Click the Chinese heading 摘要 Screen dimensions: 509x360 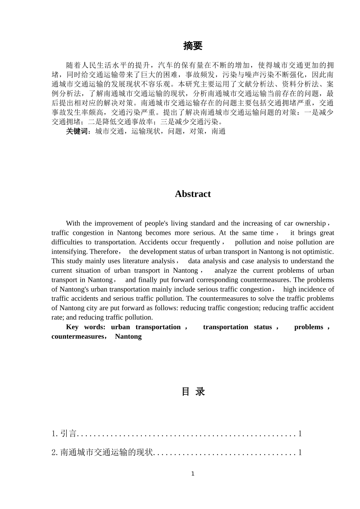(x=193, y=46)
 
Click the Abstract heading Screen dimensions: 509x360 (x=193, y=194)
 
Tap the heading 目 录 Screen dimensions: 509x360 (x=193, y=392)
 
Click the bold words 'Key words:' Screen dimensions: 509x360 (x=86, y=327)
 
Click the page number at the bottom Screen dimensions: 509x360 (x=193, y=473)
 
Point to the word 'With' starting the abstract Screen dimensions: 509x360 (x=73, y=223)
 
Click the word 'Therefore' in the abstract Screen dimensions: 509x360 (x=103, y=252)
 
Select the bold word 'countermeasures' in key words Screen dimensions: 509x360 (x=77, y=337)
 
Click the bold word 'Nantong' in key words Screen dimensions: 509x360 (x=128, y=337)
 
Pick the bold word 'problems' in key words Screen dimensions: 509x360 (x=308, y=327)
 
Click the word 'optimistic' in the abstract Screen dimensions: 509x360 (x=318, y=252)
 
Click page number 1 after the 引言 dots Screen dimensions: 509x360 (x=300, y=434)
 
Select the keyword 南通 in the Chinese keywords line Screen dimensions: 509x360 (x=218, y=131)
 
